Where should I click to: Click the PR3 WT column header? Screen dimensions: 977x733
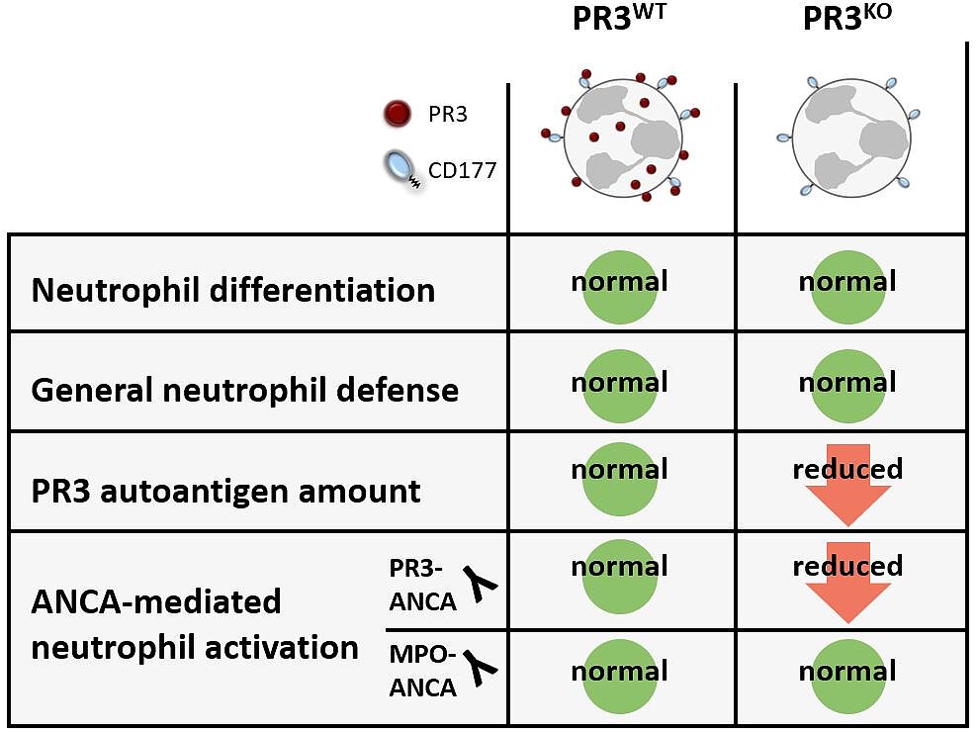coord(619,18)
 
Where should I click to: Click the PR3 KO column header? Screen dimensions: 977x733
coord(847,18)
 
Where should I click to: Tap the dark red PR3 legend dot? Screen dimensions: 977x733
coord(397,114)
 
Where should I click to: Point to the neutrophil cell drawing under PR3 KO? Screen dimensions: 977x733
coord(848,137)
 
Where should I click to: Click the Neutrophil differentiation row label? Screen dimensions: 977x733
coord(233,290)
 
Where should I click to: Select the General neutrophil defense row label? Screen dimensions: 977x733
coord(245,390)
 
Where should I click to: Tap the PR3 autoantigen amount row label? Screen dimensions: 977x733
coord(225,491)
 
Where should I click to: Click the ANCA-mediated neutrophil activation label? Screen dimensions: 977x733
coord(195,624)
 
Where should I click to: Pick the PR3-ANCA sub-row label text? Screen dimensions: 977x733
coord(422,586)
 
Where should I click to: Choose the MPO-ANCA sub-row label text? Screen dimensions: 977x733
coord(422,672)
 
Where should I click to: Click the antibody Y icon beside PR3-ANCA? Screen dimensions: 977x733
coord(481,584)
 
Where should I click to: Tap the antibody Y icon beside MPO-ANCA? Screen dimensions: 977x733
coord(481,668)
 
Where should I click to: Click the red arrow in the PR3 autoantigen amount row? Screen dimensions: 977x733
coord(848,485)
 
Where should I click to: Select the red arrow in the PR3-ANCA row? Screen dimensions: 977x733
coord(848,583)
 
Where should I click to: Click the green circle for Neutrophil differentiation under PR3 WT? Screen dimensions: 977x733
coord(620,287)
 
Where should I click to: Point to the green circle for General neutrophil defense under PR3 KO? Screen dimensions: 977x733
coord(848,387)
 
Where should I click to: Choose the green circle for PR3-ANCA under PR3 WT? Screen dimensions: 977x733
coord(620,577)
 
